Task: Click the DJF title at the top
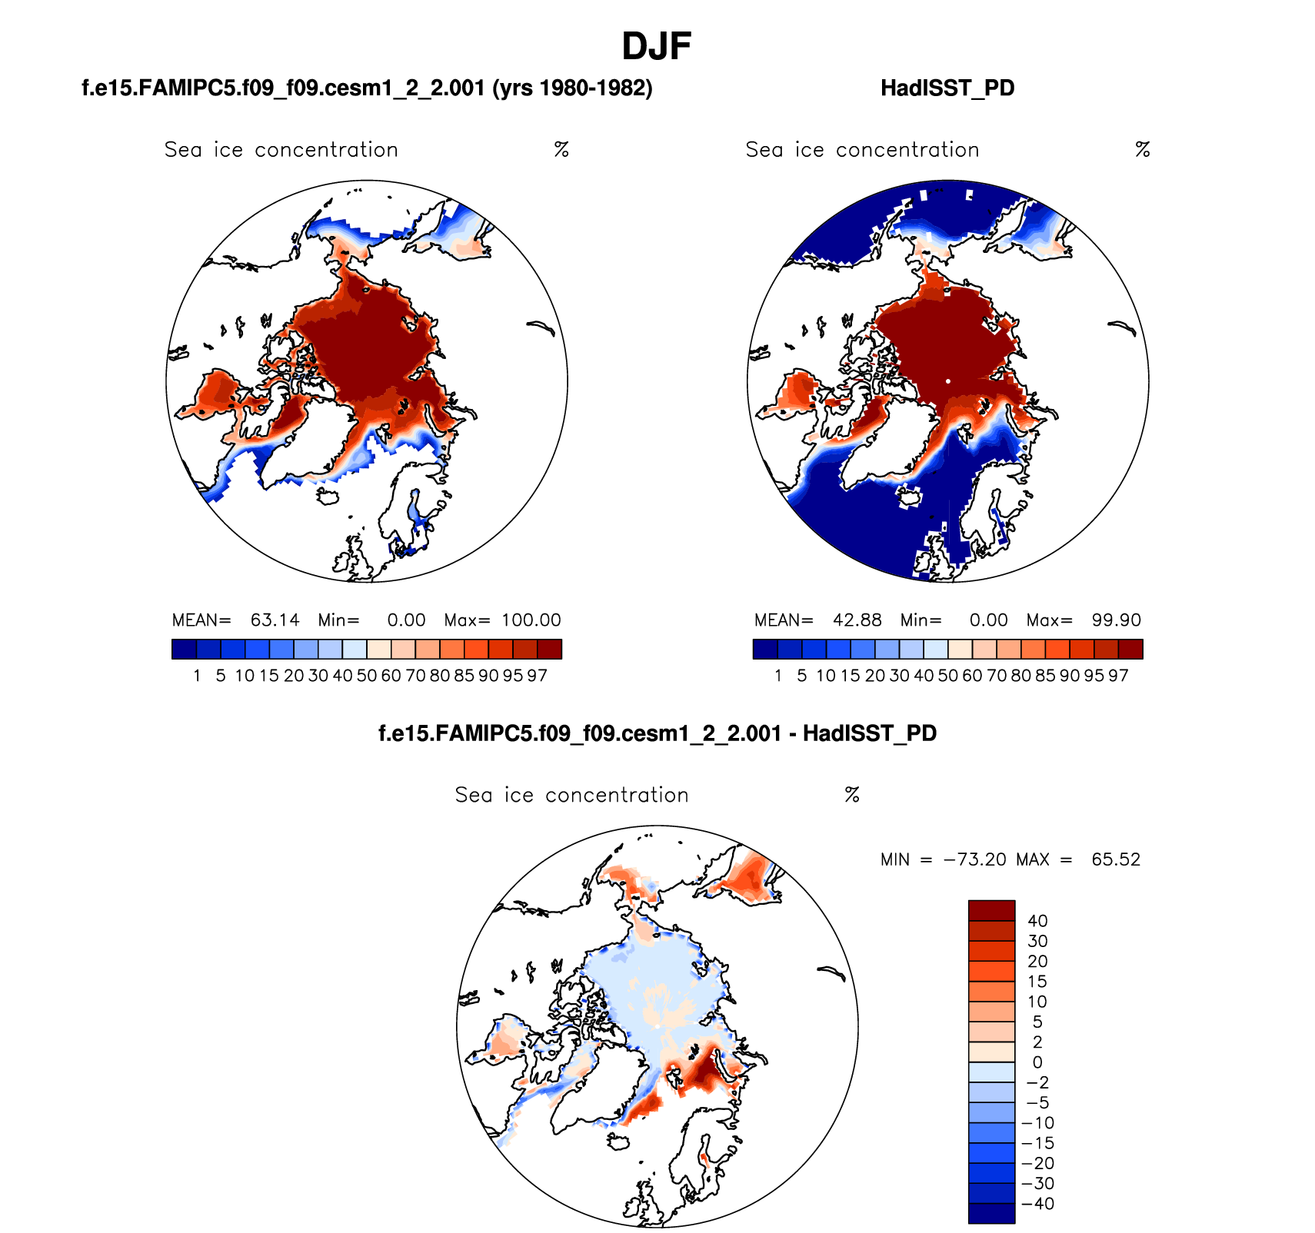656,46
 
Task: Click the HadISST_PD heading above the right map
947,88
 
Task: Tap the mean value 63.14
275,620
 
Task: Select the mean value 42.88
857,620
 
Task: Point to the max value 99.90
1116,620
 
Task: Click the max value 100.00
531,620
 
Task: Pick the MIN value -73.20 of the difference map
974,859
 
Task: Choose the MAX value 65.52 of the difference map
1116,859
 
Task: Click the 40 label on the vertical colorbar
1037,921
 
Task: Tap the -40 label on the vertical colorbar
1037,1204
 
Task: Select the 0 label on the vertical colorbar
1037,1062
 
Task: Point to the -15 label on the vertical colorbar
1037,1143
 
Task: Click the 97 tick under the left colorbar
537,676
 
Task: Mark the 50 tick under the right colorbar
947,676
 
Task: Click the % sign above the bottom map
851,795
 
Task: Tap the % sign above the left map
561,150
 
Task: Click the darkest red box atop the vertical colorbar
991,910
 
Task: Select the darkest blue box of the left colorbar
185,650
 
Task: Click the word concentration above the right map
907,150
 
